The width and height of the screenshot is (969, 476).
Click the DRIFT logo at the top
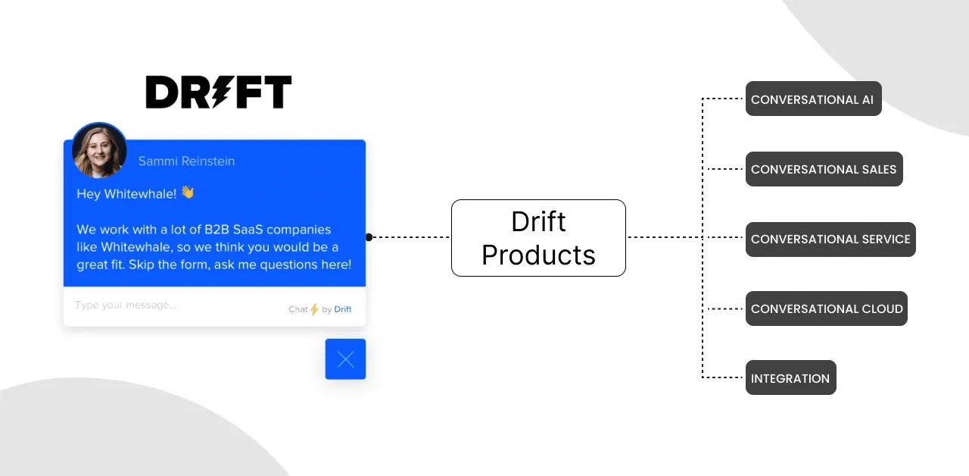pyautogui.click(x=219, y=92)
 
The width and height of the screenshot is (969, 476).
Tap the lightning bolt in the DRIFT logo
pyautogui.click(x=220, y=92)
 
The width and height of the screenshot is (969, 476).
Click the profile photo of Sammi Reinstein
pyautogui.click(x=99, y=151)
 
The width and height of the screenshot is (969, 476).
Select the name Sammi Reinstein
pyautogui.click(x=186, y=161)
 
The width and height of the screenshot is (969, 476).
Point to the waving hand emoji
pyautogui.click(x=188, y=193)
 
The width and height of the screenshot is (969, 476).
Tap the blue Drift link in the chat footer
pyautogui.click(x=343, y=309)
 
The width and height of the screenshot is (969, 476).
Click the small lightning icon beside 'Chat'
pyautogui.click(x=314, y=309)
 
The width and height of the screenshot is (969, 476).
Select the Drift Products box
pyautogui.click(x=538, y=238)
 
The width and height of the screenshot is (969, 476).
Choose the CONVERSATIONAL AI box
pyautogui.click(x=813, y=99)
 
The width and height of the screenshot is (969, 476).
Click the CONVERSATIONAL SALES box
pyautogui.click(x=824, y=169)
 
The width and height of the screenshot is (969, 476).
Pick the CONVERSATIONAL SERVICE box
pyautogui.click(x=830, y=239)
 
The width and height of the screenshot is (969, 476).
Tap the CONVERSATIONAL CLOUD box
pyautogui.click(x=826, y=308)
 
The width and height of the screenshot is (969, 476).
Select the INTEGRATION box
pyautogui.click(x=791, y=377)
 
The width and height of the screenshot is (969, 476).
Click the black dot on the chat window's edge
pyautogui.click(x=369, y=237)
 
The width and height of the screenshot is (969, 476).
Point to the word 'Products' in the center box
pyautogui.click(x=538, y=255)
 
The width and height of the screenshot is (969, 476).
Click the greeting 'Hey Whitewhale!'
pyautogui.click(x=126, y=194)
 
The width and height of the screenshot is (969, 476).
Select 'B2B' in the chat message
pyautogui.click(x=217, y=229)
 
